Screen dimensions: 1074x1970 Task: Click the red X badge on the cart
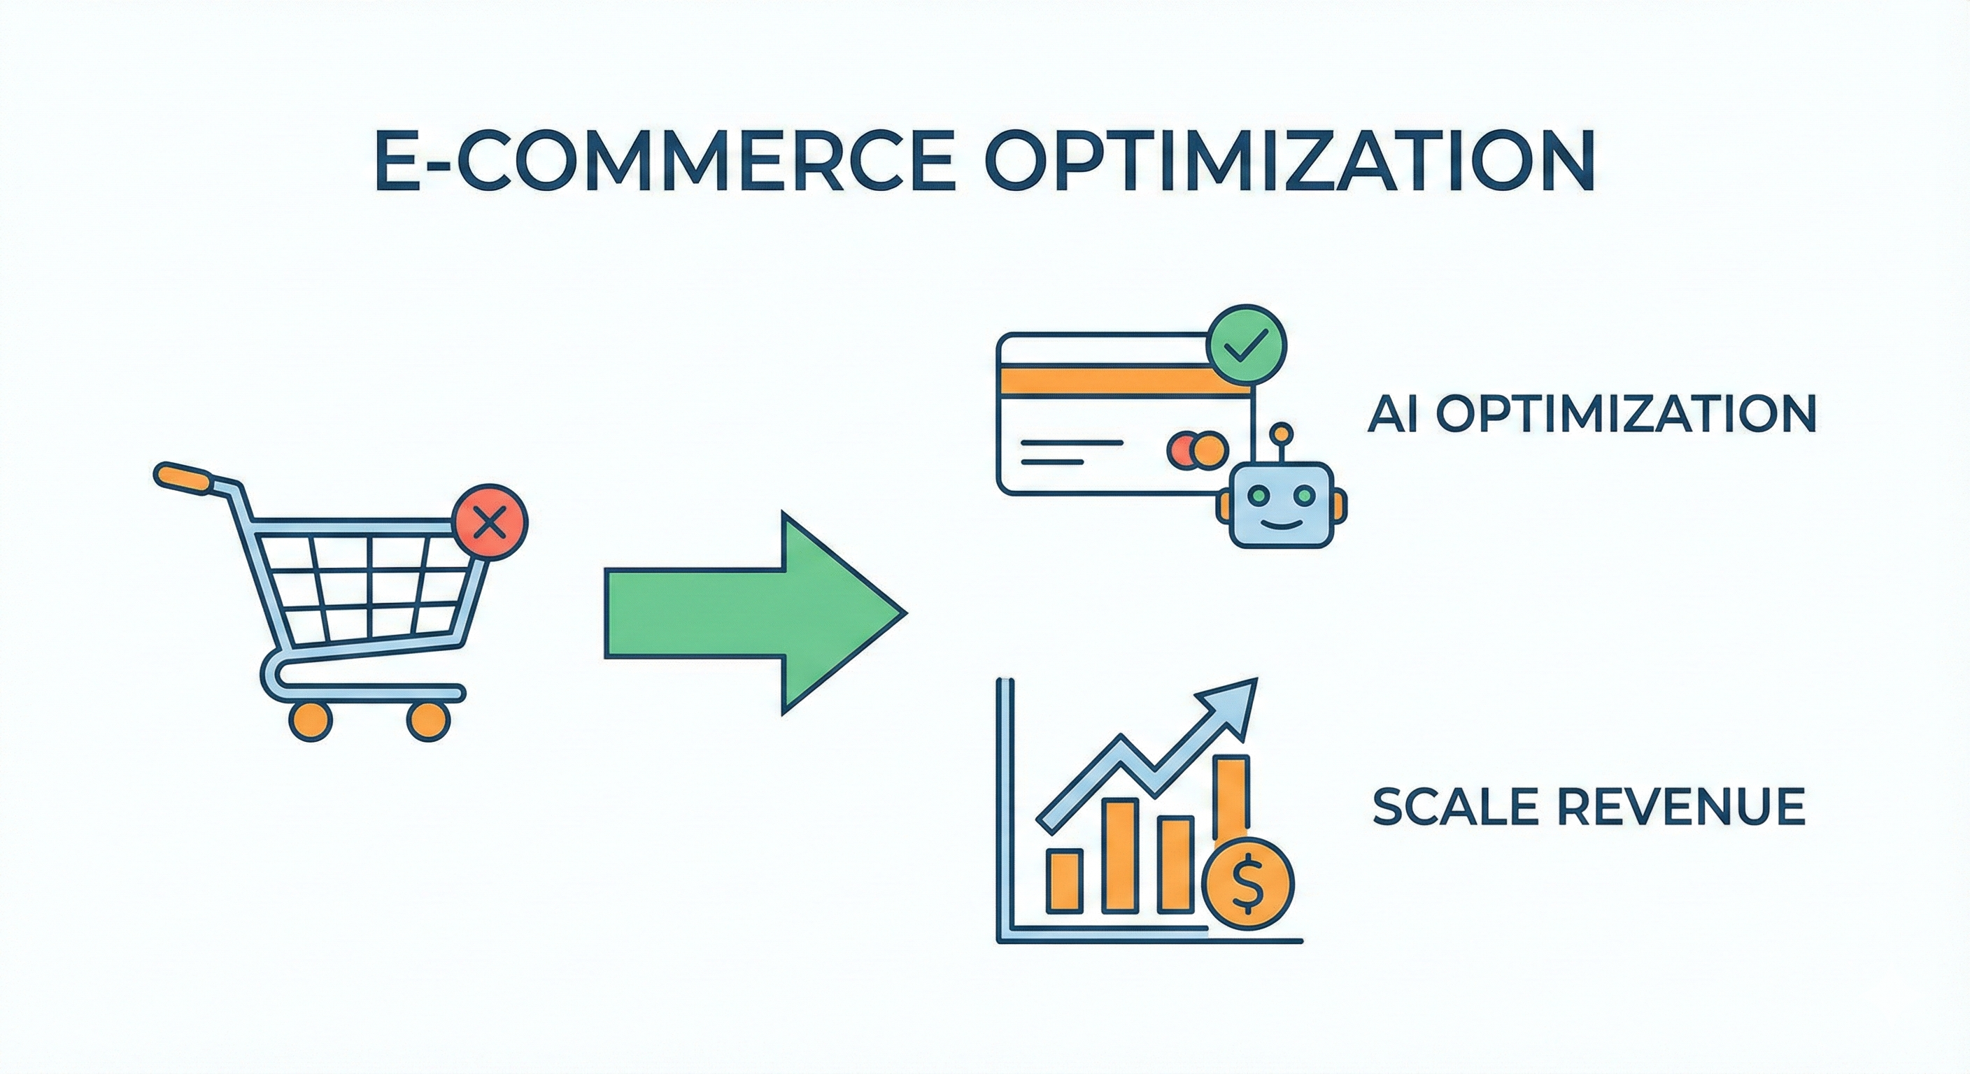pyautogui.click(x=490, y=524)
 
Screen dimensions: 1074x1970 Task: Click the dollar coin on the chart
pyautogui.click(x=1247, y=884)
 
